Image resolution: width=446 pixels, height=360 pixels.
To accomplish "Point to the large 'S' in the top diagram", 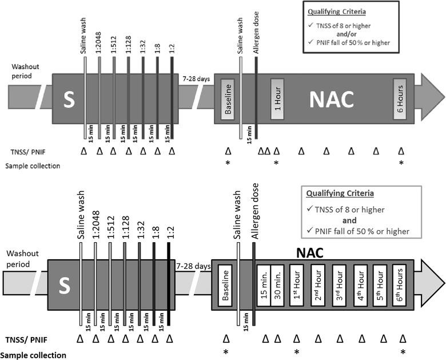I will click(69, 100).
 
